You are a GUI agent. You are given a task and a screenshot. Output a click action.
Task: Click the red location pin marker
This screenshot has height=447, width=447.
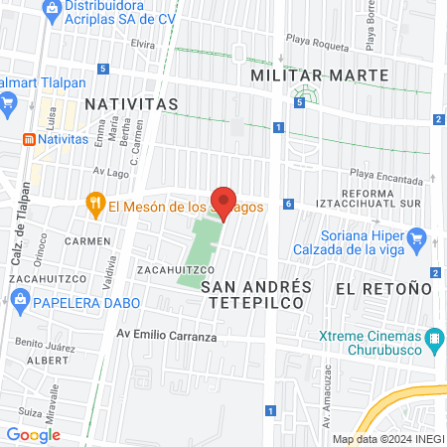click(224, 204)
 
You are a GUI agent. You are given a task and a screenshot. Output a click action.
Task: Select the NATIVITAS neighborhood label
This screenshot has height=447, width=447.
click(131, 103)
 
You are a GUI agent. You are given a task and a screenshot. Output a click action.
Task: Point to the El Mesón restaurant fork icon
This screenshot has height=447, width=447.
click(95, 206)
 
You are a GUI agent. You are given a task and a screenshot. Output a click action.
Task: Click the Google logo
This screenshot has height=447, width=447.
click(33, 434)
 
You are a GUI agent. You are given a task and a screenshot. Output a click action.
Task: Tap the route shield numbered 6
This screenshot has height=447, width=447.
click(288, 204)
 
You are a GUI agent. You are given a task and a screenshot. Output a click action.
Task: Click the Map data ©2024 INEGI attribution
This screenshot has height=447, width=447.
click(387, 439)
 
